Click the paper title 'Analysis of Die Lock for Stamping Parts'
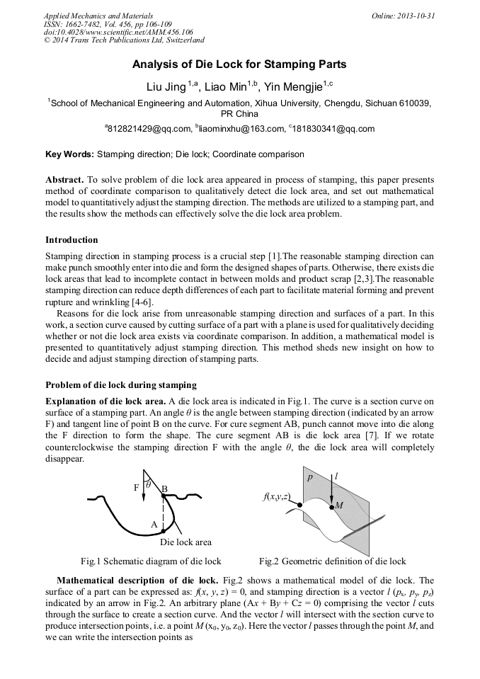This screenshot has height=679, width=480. click(239, 64)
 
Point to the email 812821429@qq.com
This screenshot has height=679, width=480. click(149, 129)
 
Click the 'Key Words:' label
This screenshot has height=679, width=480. click(69, 154)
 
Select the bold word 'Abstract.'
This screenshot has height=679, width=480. click(64, 180)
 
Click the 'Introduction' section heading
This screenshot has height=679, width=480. click(72, 239)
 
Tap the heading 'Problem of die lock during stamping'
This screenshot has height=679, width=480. click(121, 384)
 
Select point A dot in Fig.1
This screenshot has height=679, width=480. click(164, 530)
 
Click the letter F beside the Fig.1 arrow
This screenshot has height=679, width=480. click(136, 488)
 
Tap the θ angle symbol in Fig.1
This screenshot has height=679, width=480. click(149, 485)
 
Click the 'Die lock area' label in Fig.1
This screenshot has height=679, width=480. click(185, 542)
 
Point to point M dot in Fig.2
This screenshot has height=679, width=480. click(331, 507)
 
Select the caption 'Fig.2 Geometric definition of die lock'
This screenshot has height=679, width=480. click(332, 561)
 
